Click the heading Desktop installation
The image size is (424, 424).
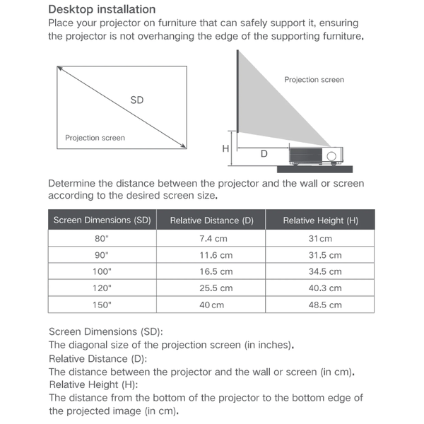pyautogui.click(x=102, y=10)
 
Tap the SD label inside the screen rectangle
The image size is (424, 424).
pyautogui.click(x=137, y=100)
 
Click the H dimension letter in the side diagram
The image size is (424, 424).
pyautogui.click(x=225, y=148)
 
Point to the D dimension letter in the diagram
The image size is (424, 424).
pyautogui.click(x=264, y=153)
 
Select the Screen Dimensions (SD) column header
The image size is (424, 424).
pyautogui.click(x=102, y=220)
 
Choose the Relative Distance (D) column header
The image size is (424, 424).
pyautogui.click(x=211, y=220)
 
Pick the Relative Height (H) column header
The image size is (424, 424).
pyautogui.click(x=320, y=220)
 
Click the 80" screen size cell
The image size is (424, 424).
pyautogui.click(x=102, y=239)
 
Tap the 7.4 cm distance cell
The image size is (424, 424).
pyautogui.click(x=211, y=239)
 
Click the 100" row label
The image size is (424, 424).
pyautogui.click(x=102, y=271)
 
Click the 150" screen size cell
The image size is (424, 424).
pyautogui.click(x=102, y=305)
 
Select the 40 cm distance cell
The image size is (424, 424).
pyautogui.click(x=211, y=305)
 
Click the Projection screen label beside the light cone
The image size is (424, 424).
pyautogui.click(x=314, y=80)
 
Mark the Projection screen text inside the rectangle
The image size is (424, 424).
pyautogui.click(x=95, y=138)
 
